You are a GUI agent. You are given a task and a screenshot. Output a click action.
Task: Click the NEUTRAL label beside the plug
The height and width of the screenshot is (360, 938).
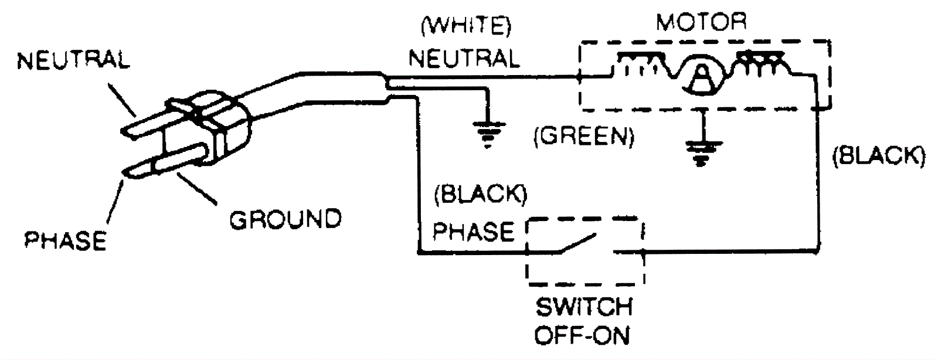coord(73,61)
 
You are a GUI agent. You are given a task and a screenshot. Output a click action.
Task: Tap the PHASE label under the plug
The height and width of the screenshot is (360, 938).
coord(66,240)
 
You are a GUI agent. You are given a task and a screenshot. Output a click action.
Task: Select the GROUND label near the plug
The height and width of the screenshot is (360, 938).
coord(285,220)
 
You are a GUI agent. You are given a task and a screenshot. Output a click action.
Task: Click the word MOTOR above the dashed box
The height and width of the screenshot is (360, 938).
coord(701,22)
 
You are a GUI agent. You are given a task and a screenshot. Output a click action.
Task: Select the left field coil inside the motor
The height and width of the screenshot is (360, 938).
coord(641,64)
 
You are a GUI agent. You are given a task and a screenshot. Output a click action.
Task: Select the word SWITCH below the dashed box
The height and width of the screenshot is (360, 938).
coord(584,307)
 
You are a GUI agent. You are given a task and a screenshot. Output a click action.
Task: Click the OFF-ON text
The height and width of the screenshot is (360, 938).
coord(583,335)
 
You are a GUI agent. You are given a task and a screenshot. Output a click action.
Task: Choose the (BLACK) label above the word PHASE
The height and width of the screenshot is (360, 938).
coord(480,196)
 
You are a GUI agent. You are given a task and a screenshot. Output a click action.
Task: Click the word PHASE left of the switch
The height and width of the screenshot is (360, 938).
coord(473,232)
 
